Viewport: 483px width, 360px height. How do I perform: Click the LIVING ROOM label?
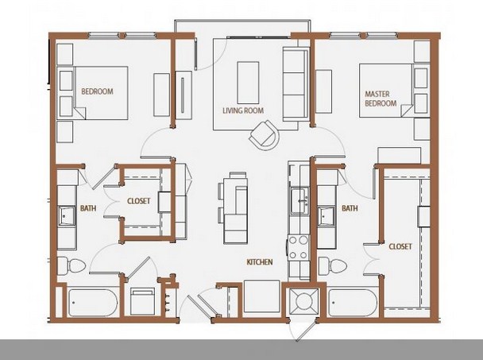pyautogui.click(x=243, y=110)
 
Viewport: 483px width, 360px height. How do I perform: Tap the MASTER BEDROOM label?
pyautogui.click(x=380, y=99)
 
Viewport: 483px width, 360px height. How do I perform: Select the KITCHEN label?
pyautogui.click(x=260, y=262)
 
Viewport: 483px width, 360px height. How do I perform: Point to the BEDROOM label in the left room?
pyautogui.click(x=97, y=91)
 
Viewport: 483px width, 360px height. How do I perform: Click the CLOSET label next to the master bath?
pyautogui.click(x=400, y=246)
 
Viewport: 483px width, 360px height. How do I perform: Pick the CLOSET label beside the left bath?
pyautogui.click(x=138, y=201)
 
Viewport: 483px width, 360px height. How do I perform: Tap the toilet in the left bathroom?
pyautogui.click(x=71, y=265)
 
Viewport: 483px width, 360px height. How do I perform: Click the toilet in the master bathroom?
pyautogui.click(x=332, y=265)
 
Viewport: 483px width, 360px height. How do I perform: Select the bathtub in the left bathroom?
pyautogui.click(x=92, y=303)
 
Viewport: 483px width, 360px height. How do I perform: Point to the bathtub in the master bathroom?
pyautogui.click(x=353, y=303)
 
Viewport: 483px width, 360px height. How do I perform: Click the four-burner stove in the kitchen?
pyautogui.click(x=299, y=247)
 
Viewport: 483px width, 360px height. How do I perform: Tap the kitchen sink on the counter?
pyautogui.click(x=299, y=200)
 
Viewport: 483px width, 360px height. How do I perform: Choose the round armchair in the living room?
pyautogui.click(x=265, y=135)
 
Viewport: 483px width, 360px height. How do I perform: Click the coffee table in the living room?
pyautogui.click(x=248, y=83)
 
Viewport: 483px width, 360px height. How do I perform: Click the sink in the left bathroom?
pyautogui.click(x=67, y=215)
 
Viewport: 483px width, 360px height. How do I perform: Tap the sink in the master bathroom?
pyautogui.click(x=327, y=215)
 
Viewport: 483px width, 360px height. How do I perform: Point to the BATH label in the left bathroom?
pyautogui.click(x=88, y=208)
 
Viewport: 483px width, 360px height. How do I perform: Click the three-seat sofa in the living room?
pyautogui.click(x=296, y=83)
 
